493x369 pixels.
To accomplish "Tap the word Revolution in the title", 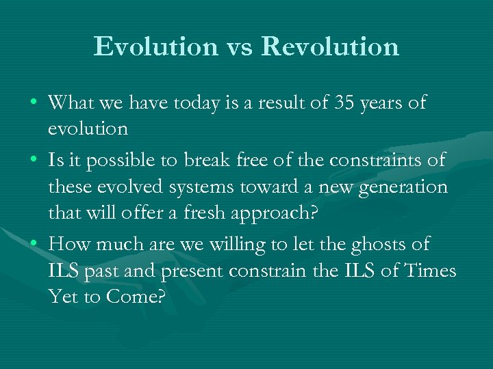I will (x=330, y=46).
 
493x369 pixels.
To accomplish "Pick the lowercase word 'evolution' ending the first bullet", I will (x=88, y=128).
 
